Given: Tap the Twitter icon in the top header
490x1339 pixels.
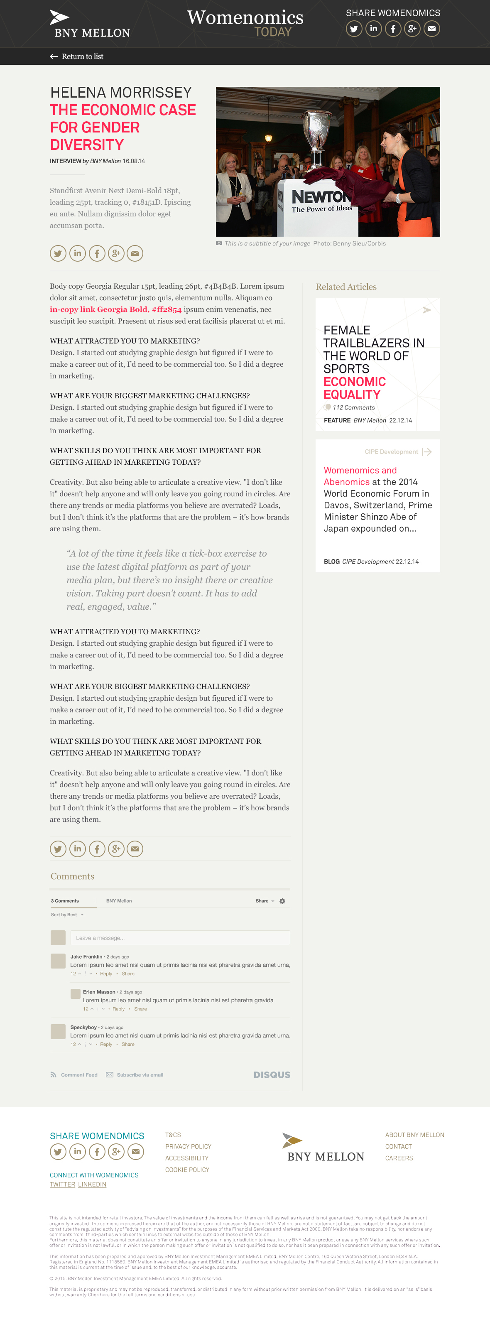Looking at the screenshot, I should (x=354, y=29).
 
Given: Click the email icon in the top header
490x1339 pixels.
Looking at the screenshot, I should (x=432, y=29).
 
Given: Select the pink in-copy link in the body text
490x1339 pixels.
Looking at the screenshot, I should (x=115, y=310).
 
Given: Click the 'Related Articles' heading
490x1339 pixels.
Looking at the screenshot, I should (x=346, y=287).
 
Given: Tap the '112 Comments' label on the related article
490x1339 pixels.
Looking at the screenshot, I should (x=353, y=407).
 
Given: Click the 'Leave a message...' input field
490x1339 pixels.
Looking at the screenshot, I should (x=180, y=938).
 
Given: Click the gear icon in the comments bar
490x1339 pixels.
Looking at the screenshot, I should (x=282, y=901).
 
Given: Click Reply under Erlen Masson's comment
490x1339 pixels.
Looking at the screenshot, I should (x=118, y=1009).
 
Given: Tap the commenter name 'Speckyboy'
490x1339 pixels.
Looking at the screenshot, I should (x=83, y=1027).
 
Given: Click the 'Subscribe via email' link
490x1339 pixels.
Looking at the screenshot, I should (x=139, y=1075).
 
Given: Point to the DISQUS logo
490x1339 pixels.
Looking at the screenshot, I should (x=272, y=1075).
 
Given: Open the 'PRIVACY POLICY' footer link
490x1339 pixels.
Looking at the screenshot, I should (x=188, y=1147).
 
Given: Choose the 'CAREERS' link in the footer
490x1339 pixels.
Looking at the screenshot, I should (x=399, y=1158).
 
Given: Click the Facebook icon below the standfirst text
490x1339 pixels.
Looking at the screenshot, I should (x=97, y=253).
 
